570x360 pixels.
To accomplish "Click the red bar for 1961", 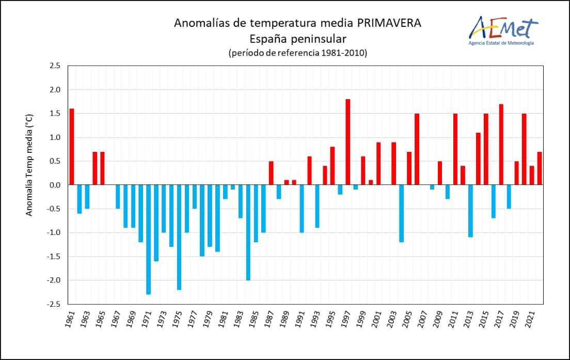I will click(72, 147).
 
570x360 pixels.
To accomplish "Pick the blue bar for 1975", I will click(179, 237).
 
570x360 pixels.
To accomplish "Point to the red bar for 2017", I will click(501, 145).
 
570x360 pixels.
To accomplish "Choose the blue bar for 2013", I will click(470, 211).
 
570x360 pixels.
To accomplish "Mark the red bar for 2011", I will click(455, 149).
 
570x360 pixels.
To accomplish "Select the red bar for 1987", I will click(271, 173).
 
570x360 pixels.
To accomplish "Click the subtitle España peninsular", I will click(297, 38).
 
